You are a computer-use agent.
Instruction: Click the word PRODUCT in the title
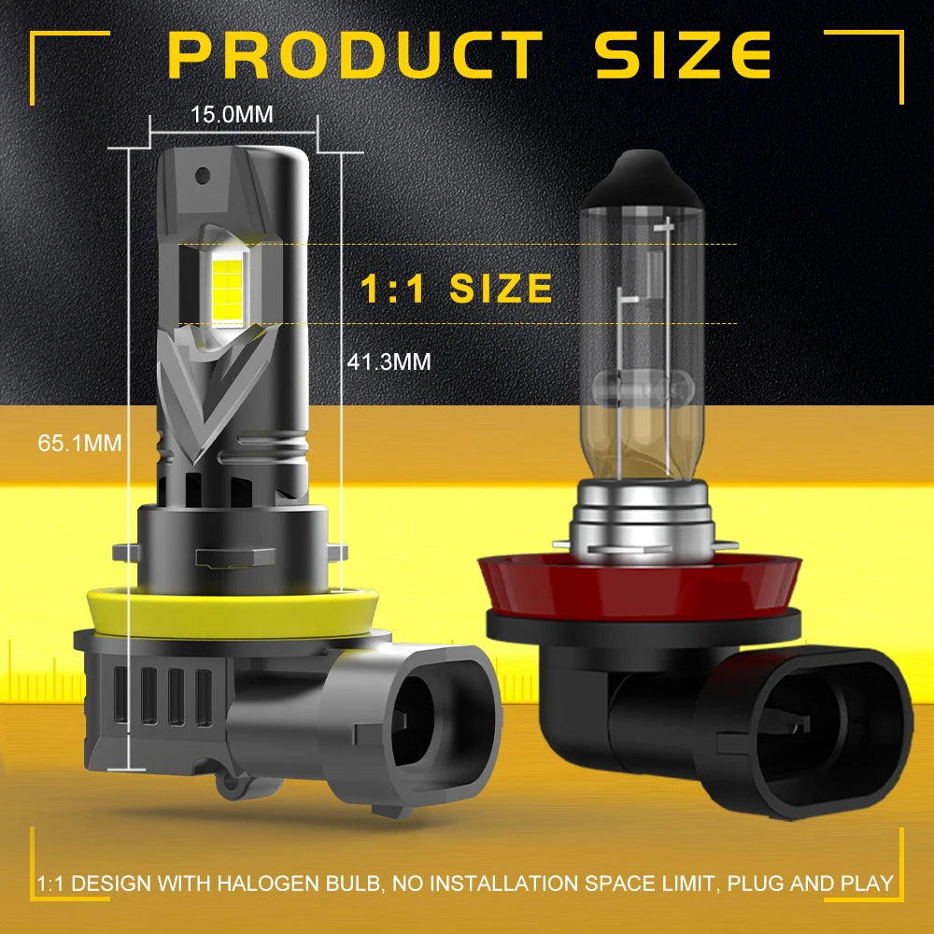355,55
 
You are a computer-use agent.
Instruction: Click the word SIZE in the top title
683,55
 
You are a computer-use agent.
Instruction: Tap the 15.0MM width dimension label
233,114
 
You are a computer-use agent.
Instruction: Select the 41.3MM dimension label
389,361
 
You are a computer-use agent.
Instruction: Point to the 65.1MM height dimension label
79,443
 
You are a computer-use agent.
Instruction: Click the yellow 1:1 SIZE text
457,289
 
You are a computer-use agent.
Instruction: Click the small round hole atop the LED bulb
203,176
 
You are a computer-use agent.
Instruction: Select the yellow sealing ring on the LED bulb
233,614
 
